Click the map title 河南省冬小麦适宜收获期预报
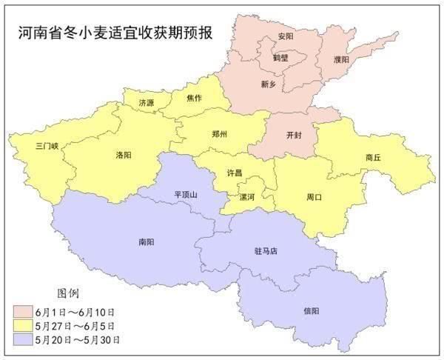point(119,33)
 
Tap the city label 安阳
point(285,36)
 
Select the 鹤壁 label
point(280,57)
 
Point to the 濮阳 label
point(341,59)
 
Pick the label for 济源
point(146,103)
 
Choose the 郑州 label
point(219,134)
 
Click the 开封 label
point(293,136)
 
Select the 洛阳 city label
point(124,156)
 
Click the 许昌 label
point(235,173)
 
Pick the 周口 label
point(314,197)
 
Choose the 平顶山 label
point(186,194)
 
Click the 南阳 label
point(146,241)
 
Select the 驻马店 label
point(264,251)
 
